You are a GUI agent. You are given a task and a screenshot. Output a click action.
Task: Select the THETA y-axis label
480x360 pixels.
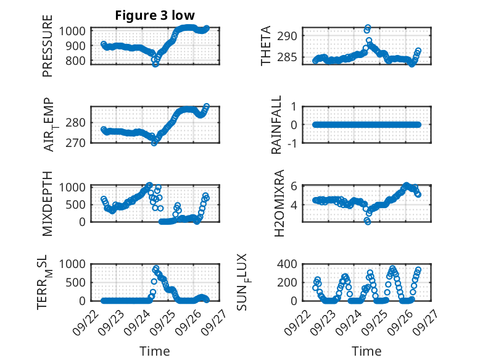click(266, 46)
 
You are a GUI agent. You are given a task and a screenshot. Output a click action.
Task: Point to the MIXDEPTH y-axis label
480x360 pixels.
click(48, 203)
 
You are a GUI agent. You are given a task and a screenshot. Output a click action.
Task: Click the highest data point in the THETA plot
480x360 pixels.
click(368, 28)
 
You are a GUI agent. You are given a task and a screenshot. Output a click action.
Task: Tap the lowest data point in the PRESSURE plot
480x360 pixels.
click(155, 64)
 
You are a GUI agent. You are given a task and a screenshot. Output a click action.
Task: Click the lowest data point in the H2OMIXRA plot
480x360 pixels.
click(368, 221)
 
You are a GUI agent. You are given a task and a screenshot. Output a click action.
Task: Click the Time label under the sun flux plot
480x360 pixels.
click(366, 351)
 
